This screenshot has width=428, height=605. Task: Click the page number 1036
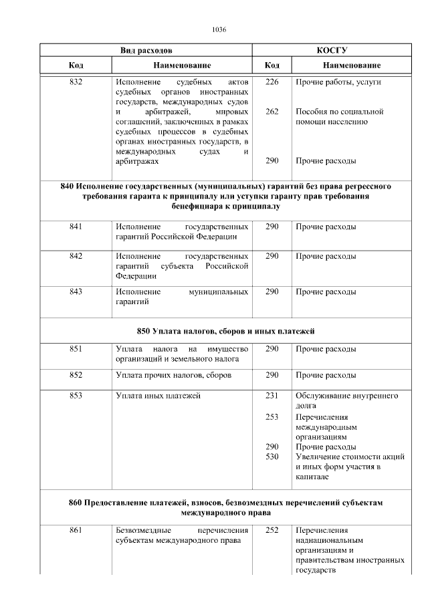219,30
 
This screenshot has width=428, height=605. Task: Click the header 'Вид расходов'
146,50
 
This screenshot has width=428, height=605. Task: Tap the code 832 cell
76,82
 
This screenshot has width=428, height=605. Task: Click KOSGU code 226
272,82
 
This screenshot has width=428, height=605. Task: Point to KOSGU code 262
272,112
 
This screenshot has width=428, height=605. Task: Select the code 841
76,227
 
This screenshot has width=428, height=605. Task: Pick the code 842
76,256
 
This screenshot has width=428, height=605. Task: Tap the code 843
76,292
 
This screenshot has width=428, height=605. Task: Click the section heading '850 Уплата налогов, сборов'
225,331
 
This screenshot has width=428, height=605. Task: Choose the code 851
76,349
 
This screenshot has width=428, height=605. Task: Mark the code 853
76,396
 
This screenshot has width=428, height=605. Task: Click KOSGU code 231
272,396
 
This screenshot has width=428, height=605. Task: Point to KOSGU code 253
272,416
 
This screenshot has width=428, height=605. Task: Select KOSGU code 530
272,457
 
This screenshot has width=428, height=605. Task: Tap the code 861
76,531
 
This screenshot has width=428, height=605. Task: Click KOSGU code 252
272,531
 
